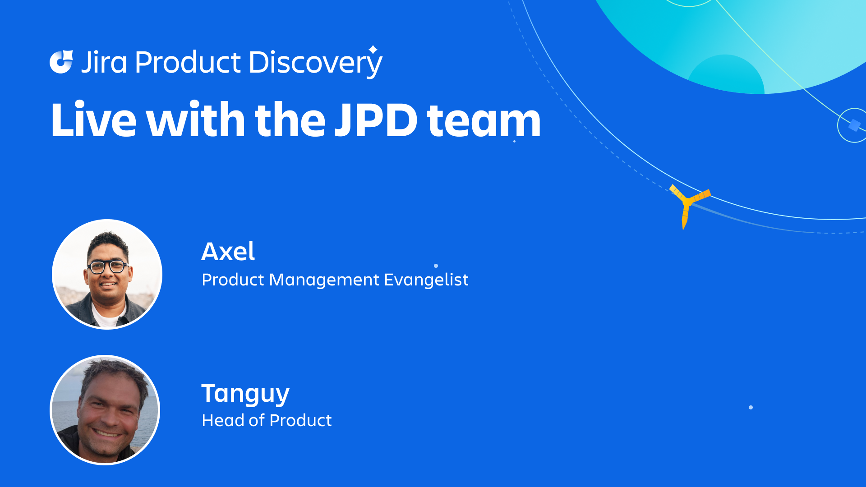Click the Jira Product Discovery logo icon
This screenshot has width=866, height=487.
(61, 62)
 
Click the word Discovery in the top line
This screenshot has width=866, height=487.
(314, 62)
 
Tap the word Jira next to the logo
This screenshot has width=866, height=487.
(104, 62)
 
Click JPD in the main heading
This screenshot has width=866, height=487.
(376, 120)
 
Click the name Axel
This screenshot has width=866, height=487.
(228, 251)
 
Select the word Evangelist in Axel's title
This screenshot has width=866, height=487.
(426, 280)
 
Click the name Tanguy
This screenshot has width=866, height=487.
(245, 394)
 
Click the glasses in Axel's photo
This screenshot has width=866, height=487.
(108, 266)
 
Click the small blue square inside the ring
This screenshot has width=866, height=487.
(854, 125)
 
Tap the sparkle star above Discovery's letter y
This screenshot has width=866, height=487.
(373, 49)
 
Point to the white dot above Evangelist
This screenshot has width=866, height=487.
(436, 266)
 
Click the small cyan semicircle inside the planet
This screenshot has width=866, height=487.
(726, 74)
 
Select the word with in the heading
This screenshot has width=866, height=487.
(195, 120)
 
